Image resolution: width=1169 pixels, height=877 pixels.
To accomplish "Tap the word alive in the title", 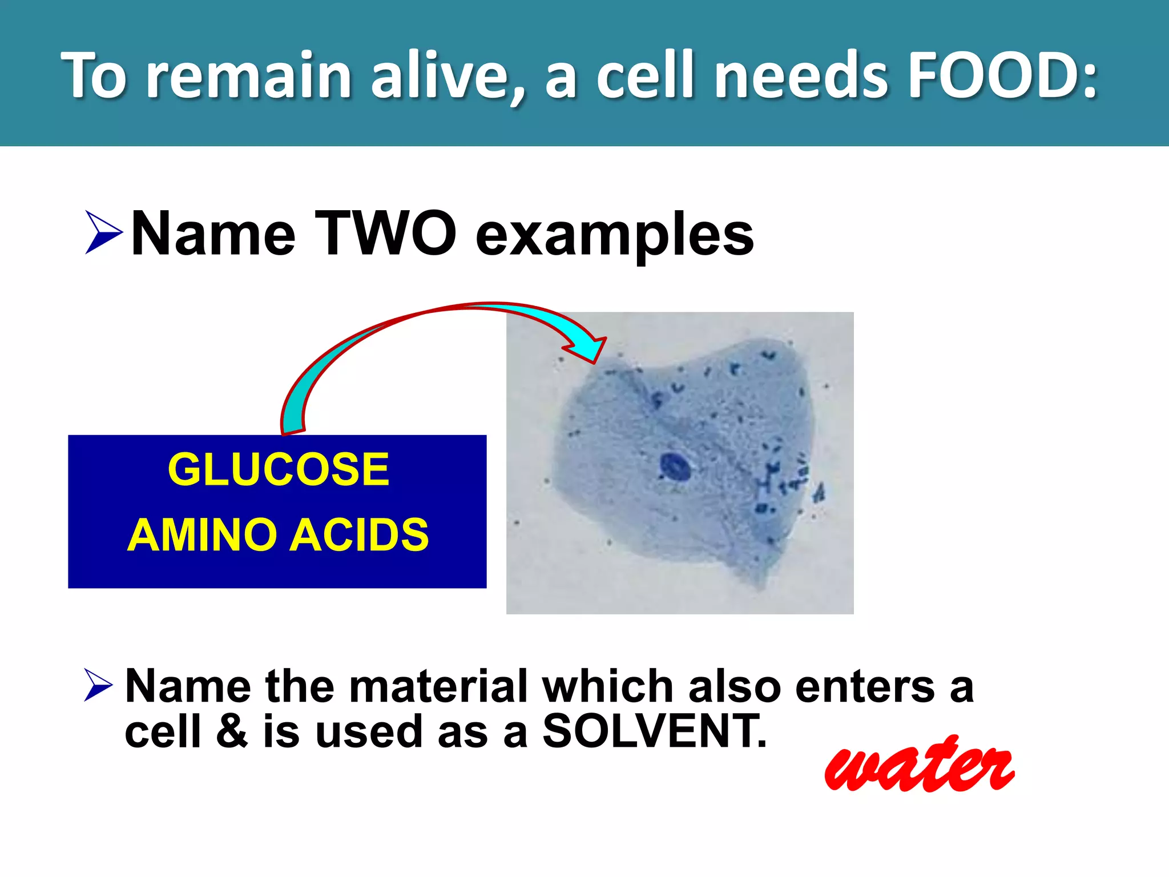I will [x=438, y=75].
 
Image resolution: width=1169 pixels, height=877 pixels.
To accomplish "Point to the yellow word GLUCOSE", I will [x=278, y=469].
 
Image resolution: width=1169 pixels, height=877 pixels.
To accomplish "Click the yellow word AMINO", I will [x=203, y=535].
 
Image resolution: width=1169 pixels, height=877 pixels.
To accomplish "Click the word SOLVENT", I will [x=654, y=731].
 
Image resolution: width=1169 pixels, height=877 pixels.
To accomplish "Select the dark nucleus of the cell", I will [x=676, y=467].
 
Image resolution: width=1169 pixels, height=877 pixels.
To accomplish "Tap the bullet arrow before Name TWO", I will [x=103, y=232].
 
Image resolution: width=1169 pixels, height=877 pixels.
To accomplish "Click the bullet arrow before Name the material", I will [x=98, y=685].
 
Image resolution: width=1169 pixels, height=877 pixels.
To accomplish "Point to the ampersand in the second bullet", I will [x=232, y=731].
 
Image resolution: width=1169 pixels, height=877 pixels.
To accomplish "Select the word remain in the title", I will [x=248, y=75].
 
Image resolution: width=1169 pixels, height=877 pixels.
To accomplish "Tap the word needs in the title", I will [x=801, y=75].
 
